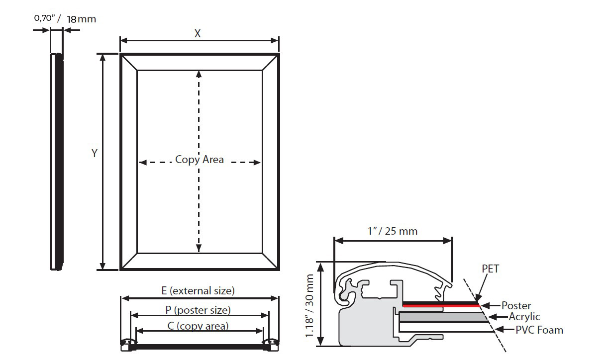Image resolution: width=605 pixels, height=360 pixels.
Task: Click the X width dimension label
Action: pyautogui.click(x=198, y=33)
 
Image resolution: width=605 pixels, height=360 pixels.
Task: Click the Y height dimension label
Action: pyautogui.click(x=94, y=154)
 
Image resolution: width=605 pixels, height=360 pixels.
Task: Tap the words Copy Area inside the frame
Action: pyautogui.click(x=200, y=160)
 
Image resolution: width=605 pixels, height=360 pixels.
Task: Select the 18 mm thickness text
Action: pyautogui.click(x=81, y=19)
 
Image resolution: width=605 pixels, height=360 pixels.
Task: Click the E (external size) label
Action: pyautogui.click(x=198, y=290)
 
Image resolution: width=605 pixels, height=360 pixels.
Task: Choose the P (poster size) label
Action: pyautogui.click(x=198, y=310)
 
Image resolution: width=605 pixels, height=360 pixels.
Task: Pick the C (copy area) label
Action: pyautogui.click(x=198, y=326)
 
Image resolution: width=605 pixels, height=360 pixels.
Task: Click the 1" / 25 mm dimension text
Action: pyautogui.click(x=393, y=231)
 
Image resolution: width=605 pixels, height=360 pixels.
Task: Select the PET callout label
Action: pyautogui.click(x=490, y=269)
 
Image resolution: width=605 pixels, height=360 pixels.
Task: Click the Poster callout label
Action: pyautogui.click(x=516, y=305)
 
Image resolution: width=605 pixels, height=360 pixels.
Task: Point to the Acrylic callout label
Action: pyautogui.click(x=524, y=317)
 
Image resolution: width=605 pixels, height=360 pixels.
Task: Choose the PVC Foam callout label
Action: pyautogui.click(x=539, y=329)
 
